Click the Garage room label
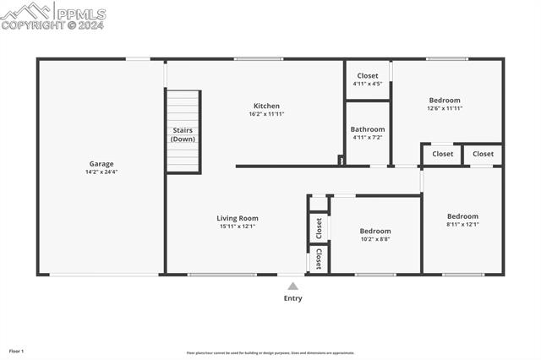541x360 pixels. [101, 164]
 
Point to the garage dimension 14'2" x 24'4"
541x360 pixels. [101, 172]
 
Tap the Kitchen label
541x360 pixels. [266, 106]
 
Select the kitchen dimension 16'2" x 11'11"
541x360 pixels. [266, 114]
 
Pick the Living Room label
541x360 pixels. [238, 218]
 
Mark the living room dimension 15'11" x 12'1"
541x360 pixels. [238, 226]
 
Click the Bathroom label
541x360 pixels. [368, 129]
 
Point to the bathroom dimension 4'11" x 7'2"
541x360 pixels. [368, 138]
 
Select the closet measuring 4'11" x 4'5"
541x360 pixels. [368, 79]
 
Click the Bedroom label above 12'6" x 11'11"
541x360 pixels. [445, 100]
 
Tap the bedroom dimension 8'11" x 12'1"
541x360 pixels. [462, 225]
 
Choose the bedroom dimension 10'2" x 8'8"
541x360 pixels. [375, 239]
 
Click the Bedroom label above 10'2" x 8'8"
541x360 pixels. [375, 231]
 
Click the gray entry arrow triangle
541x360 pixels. [292, 286]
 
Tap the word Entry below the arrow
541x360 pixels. [292, 298]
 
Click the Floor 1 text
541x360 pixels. [17, 351]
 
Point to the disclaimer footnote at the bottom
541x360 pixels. [270, 353]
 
